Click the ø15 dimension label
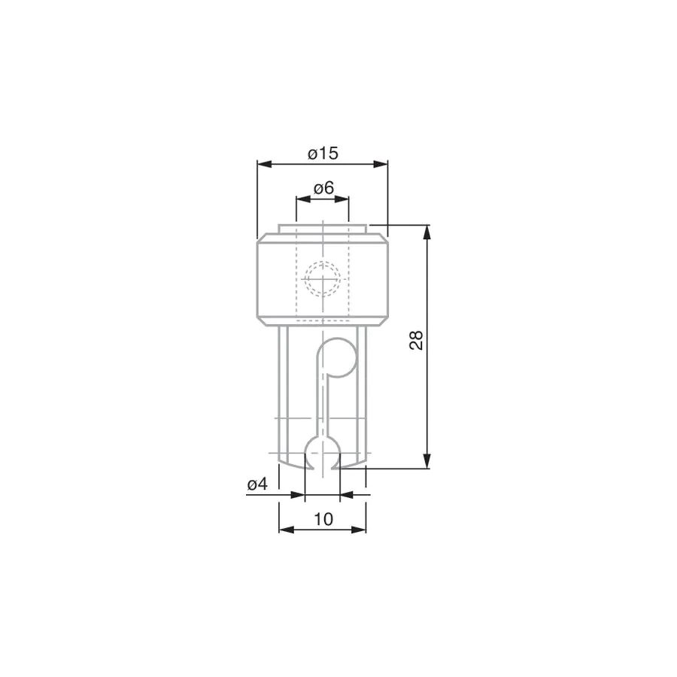click(x=323, y=153)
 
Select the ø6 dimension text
click(x=323, y=188)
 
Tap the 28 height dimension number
click(x=416, y=340)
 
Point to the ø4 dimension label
click(x=257, y=484)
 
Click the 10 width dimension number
click(x=323, y=519)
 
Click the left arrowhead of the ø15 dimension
click(x=264, y=164)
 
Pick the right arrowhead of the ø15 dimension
click(x=381, y=164)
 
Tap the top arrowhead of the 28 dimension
click(x=427, y=232)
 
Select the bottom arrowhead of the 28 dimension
click(x=427, y=460)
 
